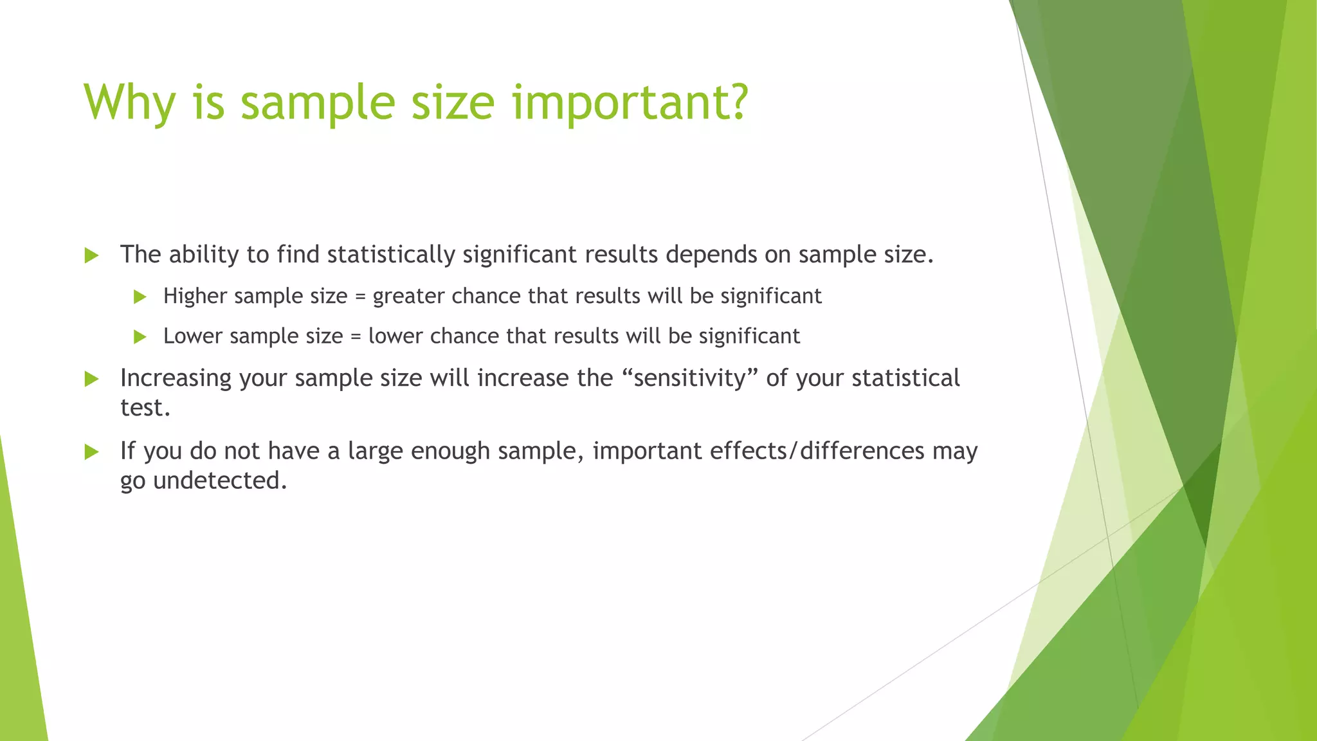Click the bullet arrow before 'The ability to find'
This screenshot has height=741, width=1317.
click(x=91, y=255)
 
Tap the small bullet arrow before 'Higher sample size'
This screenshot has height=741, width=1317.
click(x=140, y=297)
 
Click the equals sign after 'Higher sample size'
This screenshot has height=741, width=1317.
click(x=360, y=297)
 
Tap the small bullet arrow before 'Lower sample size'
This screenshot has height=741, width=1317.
click(x=140, y=336)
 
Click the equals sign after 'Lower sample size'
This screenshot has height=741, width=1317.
click(x=356, y=336)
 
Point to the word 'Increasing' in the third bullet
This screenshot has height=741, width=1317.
click(x=176, y=378)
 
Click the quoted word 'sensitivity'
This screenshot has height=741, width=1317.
click(x=690, y=378)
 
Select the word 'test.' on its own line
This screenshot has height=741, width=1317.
click(x=145, y=408)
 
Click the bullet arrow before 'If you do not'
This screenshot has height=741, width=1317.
click(x=91, y=452)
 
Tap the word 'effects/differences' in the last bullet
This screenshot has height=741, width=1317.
click(x=817, y=450)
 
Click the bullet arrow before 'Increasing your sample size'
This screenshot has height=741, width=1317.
click(x=91, y=379)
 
